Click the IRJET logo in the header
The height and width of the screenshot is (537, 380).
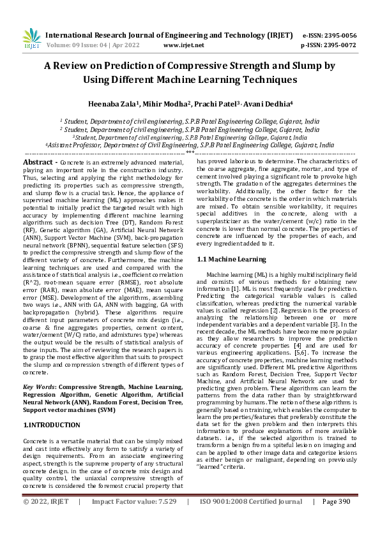point(31,40)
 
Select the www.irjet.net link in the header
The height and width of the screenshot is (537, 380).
point(184,45)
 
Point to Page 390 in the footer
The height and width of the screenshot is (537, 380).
point(338,520)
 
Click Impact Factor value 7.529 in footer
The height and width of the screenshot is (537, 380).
point(162,520)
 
